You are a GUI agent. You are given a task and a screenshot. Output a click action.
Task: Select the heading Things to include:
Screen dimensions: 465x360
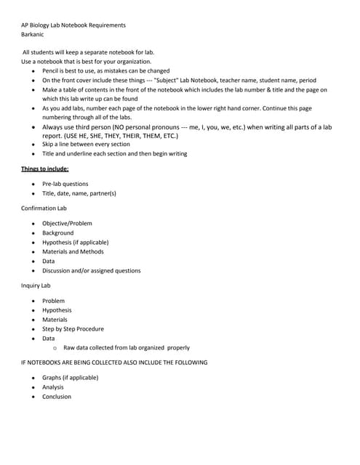click(45, 169)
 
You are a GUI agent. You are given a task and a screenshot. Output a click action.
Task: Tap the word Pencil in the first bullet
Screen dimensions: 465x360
click(52, 71)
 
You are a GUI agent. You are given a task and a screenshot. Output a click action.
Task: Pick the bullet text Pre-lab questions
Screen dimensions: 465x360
click(65, 185)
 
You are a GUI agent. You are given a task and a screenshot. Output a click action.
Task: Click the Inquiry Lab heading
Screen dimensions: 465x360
click(36, 286)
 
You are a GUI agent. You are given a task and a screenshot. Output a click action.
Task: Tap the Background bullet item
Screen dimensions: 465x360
click(57, 232)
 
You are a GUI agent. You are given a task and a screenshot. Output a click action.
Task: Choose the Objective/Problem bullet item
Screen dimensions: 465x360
click(67, 223)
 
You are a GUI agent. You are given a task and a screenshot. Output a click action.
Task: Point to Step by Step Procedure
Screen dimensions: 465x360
click(73, 329)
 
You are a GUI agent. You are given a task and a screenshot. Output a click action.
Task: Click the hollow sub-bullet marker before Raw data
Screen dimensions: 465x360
click(55, 348)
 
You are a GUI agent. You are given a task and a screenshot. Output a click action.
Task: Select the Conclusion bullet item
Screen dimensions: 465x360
click(57, 397)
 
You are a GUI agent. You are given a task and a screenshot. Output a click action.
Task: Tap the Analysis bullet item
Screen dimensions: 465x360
click(54, 387)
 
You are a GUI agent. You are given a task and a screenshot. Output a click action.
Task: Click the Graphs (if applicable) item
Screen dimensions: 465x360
click(70, 378)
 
